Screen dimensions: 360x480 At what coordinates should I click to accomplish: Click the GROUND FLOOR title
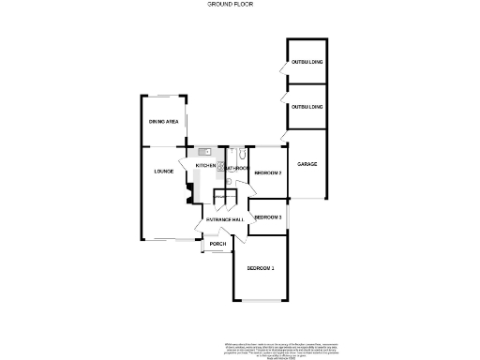click(230, 5)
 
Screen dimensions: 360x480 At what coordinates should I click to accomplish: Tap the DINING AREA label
click(163, 122)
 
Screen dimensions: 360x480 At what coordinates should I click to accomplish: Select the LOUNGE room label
click(165, 172)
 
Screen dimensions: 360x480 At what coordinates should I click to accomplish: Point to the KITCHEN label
click(205, 166)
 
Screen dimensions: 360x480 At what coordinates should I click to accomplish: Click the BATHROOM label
click(235, 169)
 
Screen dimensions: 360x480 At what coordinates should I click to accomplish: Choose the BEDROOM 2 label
click(268, 172)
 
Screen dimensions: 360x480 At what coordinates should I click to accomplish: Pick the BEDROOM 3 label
click(268, 217)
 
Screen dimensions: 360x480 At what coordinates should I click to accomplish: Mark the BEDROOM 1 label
click(261, 269)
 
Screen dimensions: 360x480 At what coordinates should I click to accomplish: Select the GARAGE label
click(307, 165)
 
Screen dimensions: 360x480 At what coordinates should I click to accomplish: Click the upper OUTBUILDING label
click(307, 62)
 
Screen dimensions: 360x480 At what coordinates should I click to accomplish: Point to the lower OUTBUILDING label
click(307, 107)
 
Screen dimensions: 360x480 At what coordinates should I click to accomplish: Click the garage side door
click(282, 139)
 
